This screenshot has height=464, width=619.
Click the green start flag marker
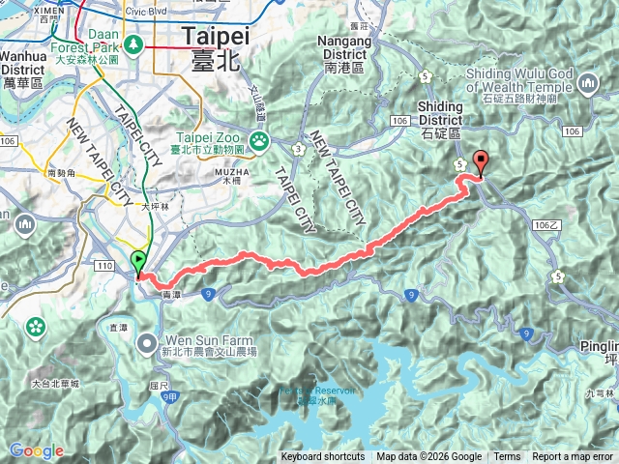click(139, 261)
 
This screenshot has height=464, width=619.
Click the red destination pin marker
click(480, 163)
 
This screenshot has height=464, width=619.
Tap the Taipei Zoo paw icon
click(259, 141)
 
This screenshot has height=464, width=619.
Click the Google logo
click(36, 450)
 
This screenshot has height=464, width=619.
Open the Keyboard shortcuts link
click(323, 457)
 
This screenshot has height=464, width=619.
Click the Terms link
click(507, 457)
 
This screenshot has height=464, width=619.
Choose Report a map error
click(575, 457)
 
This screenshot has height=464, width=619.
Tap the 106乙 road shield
click(546, 223)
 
